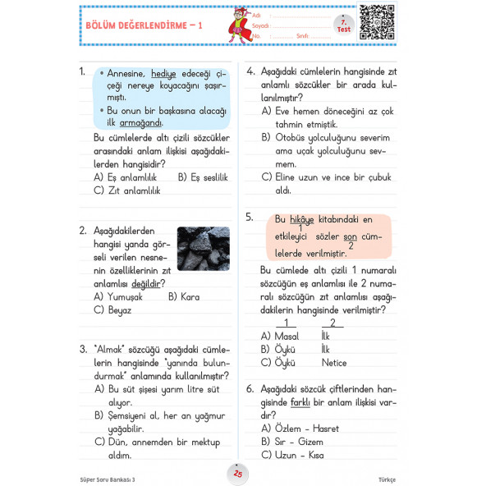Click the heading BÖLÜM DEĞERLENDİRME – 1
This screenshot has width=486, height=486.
[143, 26]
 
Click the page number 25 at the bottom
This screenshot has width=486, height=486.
[238, 474]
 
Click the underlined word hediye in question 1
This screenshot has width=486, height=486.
[163, 73]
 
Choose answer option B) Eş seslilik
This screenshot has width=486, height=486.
[203, 177]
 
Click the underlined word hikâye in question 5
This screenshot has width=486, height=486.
[303, 219]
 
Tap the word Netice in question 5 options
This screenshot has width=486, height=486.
[334, 362]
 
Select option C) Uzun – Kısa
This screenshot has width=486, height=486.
[292, 455]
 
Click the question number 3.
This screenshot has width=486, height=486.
[84, 348]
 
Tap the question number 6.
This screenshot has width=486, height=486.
[250, 388]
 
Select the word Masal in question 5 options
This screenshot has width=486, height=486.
[287, 336]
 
